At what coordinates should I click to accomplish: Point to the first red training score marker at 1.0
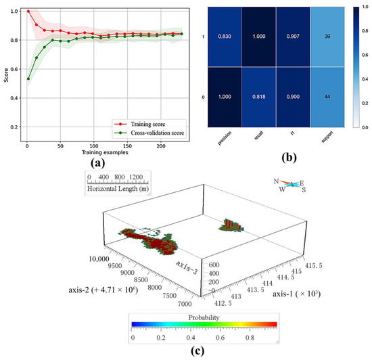(x=27, y=12)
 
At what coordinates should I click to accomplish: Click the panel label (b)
(x=294, y=161)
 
